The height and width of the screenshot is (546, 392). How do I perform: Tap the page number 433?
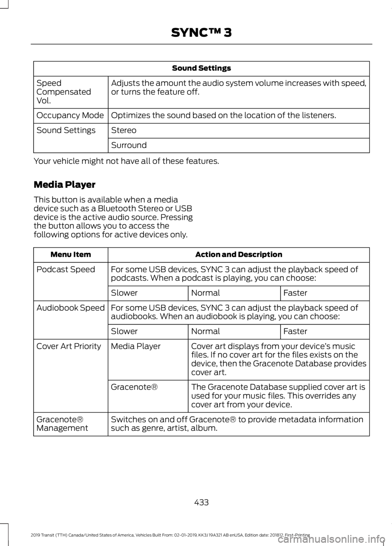click(201, 502)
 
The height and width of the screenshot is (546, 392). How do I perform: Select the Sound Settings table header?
click(201, 68)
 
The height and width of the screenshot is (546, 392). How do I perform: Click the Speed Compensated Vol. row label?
click(64, 92)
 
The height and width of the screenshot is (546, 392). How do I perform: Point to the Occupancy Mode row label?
click(70, 116)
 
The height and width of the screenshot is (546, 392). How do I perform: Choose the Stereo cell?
click(124, 130)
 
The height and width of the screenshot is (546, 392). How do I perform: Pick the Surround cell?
click(129, 145)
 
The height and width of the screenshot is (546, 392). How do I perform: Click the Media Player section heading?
click(65, 185)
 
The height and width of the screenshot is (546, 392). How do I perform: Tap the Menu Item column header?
click(71, 255)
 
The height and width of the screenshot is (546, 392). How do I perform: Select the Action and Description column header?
click(238, 255)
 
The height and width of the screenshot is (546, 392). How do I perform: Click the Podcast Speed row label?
click(66, 270)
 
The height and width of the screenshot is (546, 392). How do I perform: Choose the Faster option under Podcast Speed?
click(295, 293)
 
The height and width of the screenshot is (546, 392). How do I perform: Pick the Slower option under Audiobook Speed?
click(125, 332)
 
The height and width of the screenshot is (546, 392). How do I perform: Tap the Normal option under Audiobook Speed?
click(205, 332)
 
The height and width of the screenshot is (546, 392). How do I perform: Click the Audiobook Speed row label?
click(71, 308)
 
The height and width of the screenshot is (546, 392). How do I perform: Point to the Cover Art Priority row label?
click(69, 346)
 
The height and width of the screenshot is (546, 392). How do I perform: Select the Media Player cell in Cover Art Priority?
click(136, 346)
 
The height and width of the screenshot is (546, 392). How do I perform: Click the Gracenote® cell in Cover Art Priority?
click(134, 387)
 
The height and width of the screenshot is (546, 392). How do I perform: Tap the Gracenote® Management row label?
click(62, 424)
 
